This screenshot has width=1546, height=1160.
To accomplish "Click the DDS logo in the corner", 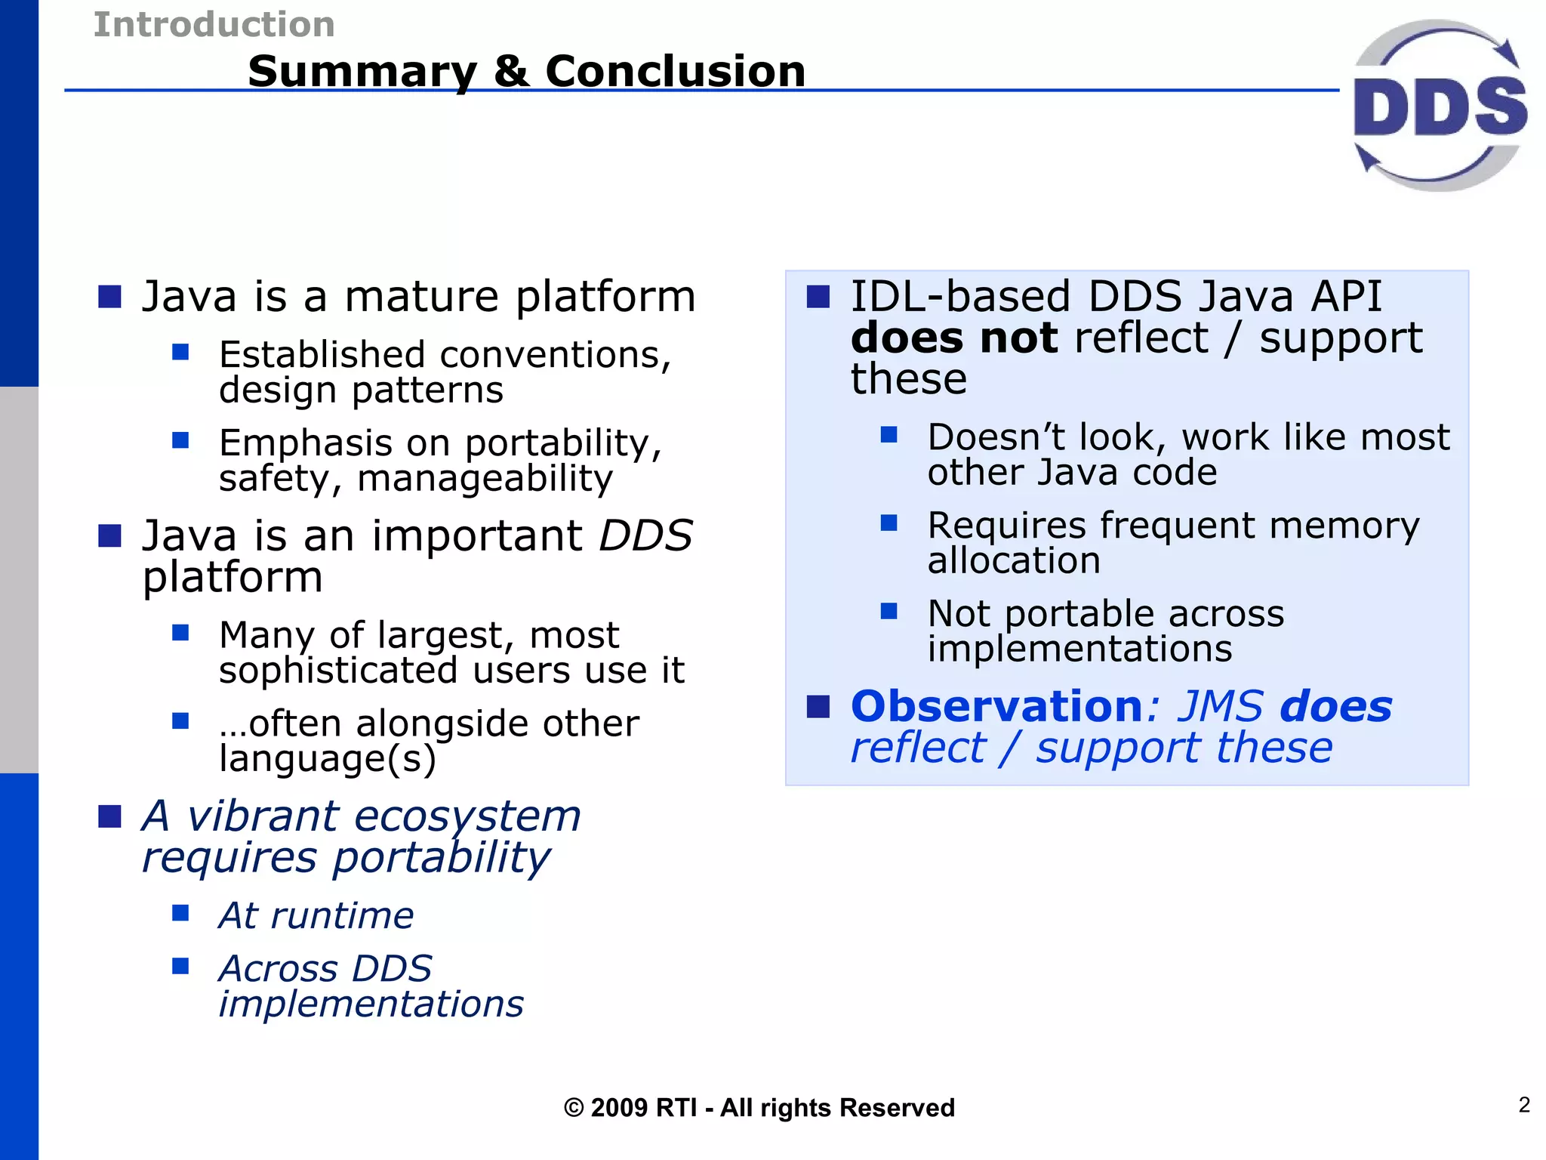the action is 1440,106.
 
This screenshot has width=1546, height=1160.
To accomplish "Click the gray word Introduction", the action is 214,24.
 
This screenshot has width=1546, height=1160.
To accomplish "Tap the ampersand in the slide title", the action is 511,71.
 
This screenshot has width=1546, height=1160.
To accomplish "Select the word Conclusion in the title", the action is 676,71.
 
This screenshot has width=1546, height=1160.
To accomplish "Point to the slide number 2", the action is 1524,1105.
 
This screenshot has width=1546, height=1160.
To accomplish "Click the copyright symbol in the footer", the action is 574,1108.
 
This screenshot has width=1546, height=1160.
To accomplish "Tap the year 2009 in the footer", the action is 620,1108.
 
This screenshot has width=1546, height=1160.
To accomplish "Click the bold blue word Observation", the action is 996,706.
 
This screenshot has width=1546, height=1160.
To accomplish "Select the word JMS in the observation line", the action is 1221,706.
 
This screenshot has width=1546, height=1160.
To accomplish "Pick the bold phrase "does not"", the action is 954,337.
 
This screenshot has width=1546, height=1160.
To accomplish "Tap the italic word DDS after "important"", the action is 645,535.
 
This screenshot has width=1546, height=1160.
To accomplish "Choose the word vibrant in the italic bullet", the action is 263,816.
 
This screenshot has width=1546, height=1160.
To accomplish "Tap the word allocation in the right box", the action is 1014,560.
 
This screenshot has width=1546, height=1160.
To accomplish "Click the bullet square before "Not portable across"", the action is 889,611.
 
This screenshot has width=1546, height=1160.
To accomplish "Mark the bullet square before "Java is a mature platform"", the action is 110,297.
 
